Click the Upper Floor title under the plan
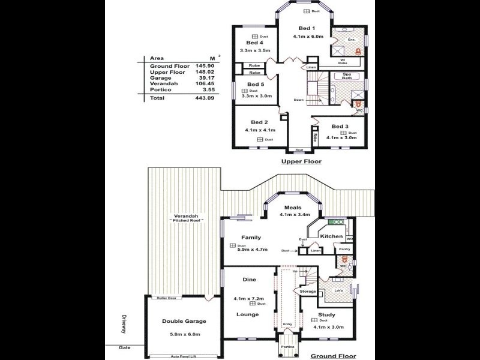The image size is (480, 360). click(x=302, y=161)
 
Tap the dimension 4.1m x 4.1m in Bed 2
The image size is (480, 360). click(x=260, y=130)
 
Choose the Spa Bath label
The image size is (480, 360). click(x=347, y=76)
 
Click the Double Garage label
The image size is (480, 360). click(x=184, y=322)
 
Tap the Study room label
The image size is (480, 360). click(x=327, y=314)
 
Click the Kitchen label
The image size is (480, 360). click(x=331, y=236)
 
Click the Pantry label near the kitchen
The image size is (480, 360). click(x=345, y=248)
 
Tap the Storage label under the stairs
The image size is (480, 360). click(x=307, y=291)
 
